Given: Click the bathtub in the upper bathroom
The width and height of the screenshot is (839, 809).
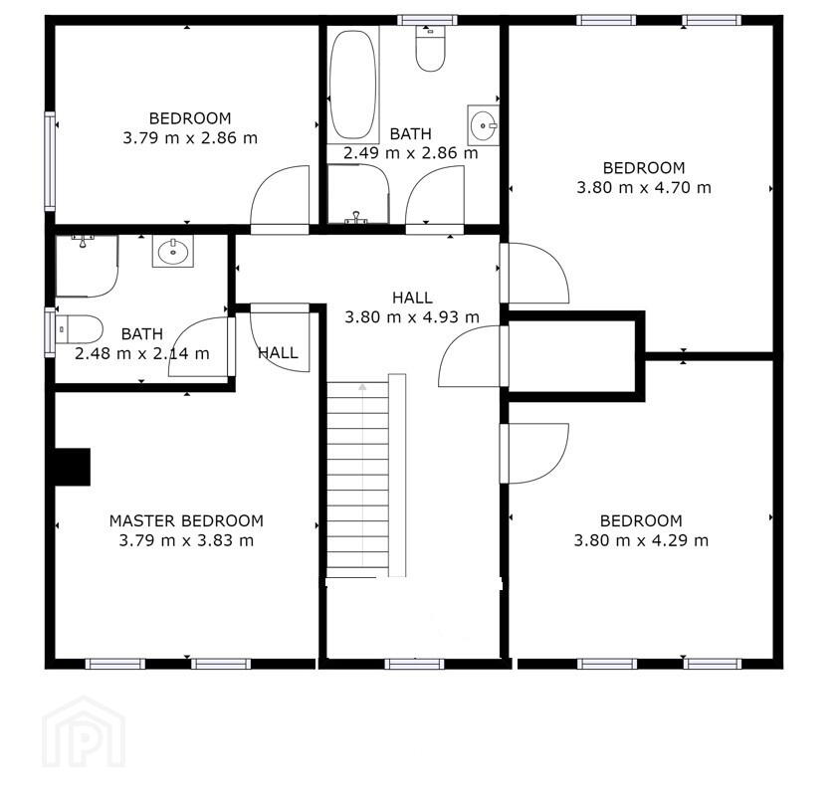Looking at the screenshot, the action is tap(352, 85).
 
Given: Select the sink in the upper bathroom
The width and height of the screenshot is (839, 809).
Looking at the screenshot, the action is tap(483, 125).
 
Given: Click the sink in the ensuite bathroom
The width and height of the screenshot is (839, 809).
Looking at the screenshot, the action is tap(173, 251).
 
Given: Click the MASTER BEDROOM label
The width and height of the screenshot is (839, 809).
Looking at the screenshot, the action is tap(186, 520).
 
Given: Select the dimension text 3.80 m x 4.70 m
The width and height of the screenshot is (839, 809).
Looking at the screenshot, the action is tap(644, 188).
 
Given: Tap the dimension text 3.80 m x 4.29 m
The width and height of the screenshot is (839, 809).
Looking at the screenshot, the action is tap(641, 540).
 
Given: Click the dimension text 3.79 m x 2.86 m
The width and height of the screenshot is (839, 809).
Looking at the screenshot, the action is tap(190, 138).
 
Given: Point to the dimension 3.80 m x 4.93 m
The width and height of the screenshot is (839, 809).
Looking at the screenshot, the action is tap(412, 317).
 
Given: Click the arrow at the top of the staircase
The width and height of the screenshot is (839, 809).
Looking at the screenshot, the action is tap(362, 388).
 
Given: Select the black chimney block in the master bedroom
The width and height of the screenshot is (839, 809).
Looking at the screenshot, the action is tap(73, 467).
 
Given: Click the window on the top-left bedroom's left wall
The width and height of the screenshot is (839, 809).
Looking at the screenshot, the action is tap(50, 161).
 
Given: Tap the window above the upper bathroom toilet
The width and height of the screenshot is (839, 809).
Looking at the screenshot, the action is tap(427, 20).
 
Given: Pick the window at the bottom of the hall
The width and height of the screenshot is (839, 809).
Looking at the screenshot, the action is tap(414, 664).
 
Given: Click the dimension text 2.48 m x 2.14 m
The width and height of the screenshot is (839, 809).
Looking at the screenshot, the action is tap(141, 353).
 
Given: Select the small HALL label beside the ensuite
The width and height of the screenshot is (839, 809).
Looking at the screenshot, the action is tap(278, 352).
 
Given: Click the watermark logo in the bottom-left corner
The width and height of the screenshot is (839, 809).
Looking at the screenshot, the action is tap(84, 731).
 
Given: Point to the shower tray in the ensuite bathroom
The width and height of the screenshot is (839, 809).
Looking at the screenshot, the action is tap(87, 266).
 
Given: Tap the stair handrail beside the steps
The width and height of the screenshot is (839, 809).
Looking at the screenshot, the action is tap(397, 476).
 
